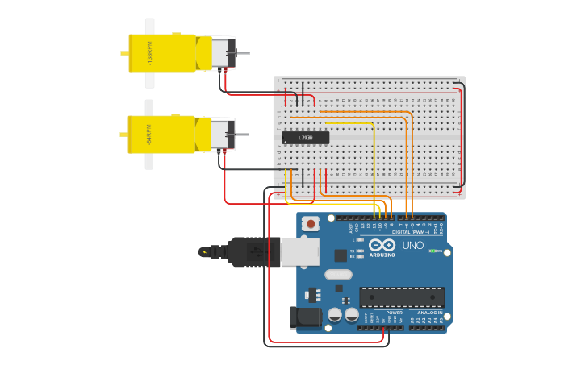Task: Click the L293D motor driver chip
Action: point(306,138)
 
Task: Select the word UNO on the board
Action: point(412,245)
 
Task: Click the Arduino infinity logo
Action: point(382,244)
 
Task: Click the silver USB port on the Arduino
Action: point(299,251)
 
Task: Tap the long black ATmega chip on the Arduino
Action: point(401,297)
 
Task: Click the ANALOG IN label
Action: point(425,313)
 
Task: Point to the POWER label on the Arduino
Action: point(394,313)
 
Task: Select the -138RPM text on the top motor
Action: point(149,53)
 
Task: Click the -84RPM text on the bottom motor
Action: point(149,135)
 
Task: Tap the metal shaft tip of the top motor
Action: point(244,53)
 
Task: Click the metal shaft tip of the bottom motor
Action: point(244,135)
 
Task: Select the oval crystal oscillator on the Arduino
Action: point(339,274)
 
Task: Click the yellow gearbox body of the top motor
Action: point(161,53)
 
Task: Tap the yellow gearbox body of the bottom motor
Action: point(161,135)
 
